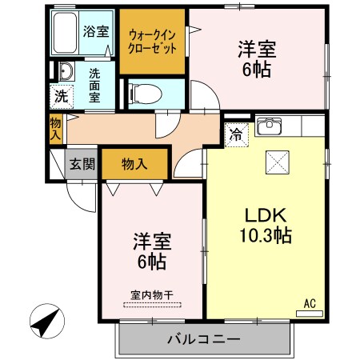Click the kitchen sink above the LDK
(x=269, y=127)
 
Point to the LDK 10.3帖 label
(x=266, y=226)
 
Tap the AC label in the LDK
(x=310, y=304)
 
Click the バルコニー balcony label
(x=203, y=339)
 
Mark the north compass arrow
(x=46, y=323)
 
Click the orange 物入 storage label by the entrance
(x=134, y=164)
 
